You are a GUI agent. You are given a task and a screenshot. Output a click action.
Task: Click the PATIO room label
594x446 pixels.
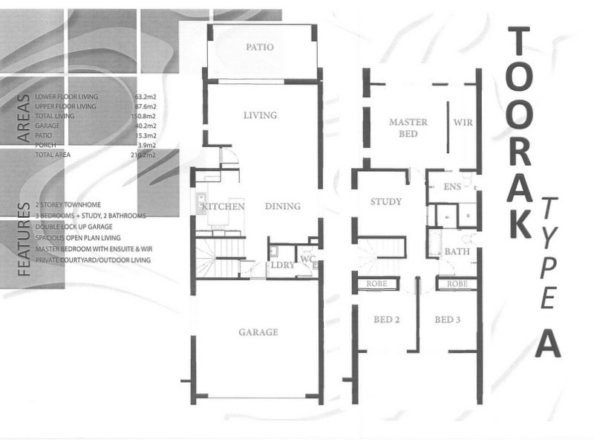click(x=259, y=47)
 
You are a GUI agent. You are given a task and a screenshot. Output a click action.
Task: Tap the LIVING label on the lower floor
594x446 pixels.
click(x=259, y=115)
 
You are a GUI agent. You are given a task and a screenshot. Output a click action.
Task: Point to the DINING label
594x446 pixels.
click(x=282, y=206)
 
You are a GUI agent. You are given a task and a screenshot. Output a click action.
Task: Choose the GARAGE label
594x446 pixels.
click(x=258, y=332)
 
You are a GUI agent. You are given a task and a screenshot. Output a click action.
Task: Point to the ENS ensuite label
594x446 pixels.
click(x=452, y=187)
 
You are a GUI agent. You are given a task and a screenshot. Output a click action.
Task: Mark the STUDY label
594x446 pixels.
click(x=385, y=201)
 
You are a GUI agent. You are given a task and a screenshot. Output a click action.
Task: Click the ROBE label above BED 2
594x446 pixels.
click(x=381, y=284)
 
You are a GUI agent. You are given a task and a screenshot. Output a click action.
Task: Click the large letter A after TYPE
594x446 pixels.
click(x=546, y=343)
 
